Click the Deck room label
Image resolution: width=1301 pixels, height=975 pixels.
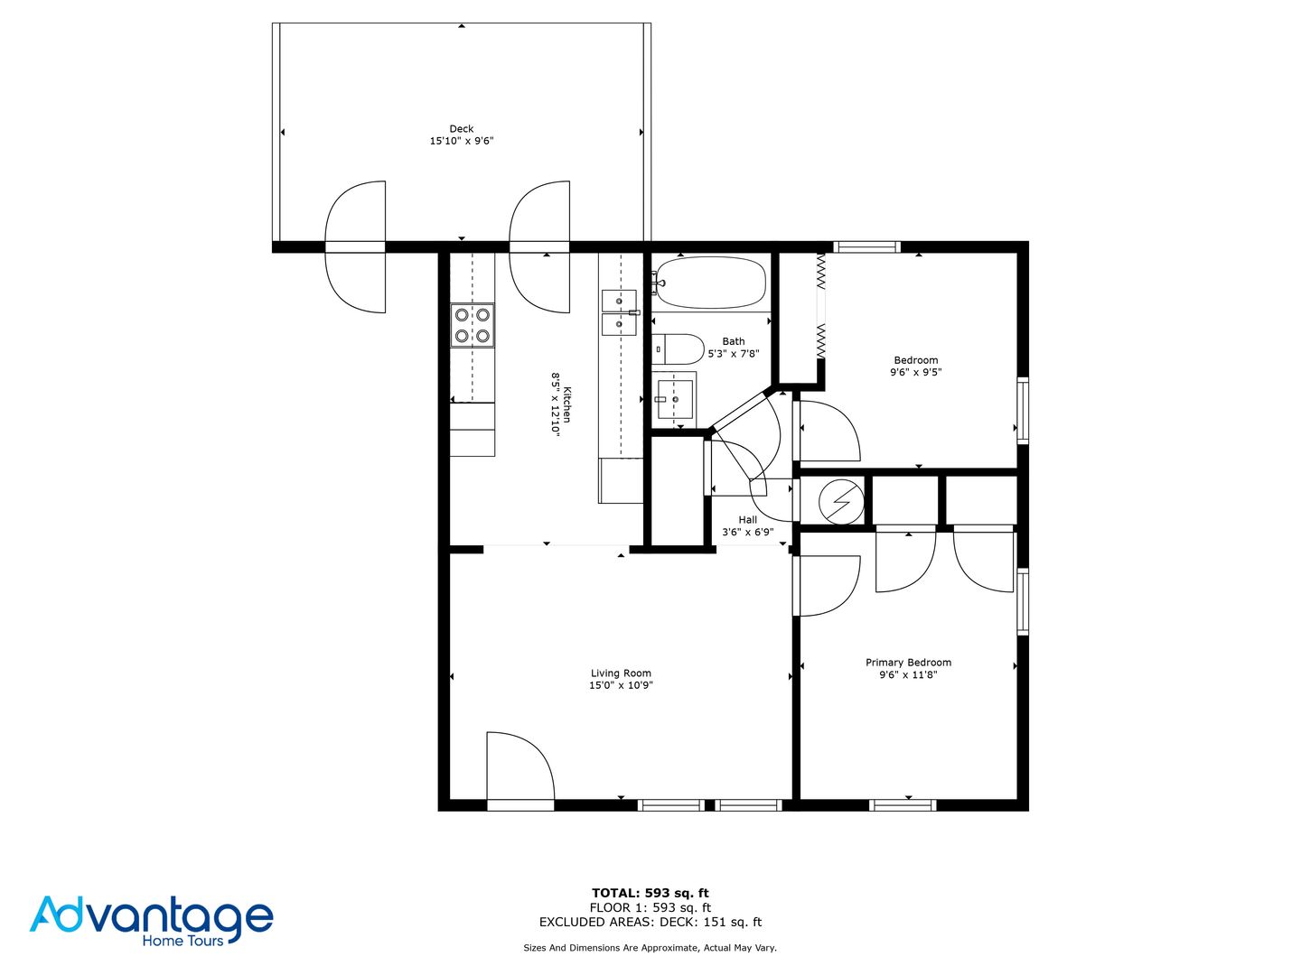(461, 129)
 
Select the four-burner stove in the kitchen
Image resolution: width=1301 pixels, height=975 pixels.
(473, 325)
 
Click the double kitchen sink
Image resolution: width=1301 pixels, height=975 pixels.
(619, 312)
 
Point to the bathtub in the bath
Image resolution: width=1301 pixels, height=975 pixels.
(709, 283)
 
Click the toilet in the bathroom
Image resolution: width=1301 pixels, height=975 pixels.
(679, 348)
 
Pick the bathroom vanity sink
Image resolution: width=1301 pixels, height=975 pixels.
(674, 398)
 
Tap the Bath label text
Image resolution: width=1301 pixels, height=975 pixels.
(734, 341)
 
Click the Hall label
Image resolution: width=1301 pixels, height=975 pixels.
(747, 520)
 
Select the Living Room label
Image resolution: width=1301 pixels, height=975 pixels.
(621, 673)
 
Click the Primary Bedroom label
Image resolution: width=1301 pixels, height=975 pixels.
(908, 663)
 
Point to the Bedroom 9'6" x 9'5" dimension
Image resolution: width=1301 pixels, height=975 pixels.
(915, 372)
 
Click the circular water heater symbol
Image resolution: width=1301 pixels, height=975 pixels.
(839, 500)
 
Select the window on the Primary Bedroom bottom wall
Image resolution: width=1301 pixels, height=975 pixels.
(903, 804)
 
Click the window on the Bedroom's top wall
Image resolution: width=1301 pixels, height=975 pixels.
(866, 246)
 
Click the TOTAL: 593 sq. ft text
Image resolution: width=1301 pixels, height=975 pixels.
(650, 893)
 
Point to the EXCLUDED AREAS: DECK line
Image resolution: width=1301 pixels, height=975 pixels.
(650, 922)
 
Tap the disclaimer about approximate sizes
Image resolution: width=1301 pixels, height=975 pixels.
(650, 948)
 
